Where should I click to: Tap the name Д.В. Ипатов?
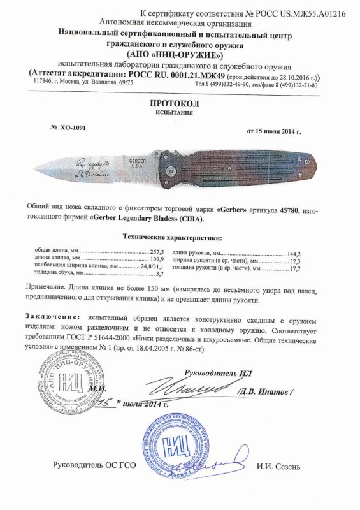point(264,390)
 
